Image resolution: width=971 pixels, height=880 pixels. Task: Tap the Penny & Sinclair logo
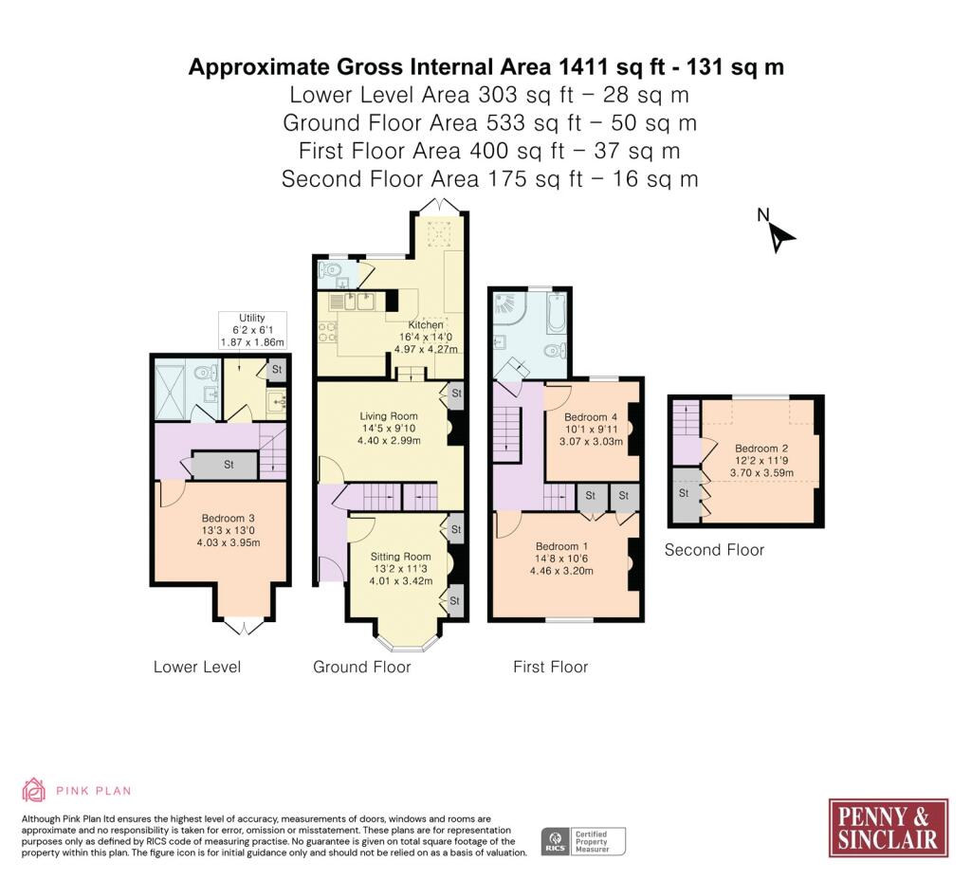[x=888, y=828]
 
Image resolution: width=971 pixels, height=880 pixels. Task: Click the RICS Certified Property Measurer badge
[x=583, y=842]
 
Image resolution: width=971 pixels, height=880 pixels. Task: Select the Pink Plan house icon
[x=33, y=790]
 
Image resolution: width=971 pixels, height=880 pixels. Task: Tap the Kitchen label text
[x=426, y=324]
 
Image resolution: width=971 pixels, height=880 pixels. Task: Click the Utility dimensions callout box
[x=252, y=330]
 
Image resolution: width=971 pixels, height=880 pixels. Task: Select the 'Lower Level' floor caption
[x=197, y=667]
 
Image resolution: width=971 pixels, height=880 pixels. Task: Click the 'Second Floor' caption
[x=714, y=550]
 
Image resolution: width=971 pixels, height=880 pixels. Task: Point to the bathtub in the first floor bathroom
[x=556, y=312]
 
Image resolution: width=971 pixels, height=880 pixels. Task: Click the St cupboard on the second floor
[x=685, y=493]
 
